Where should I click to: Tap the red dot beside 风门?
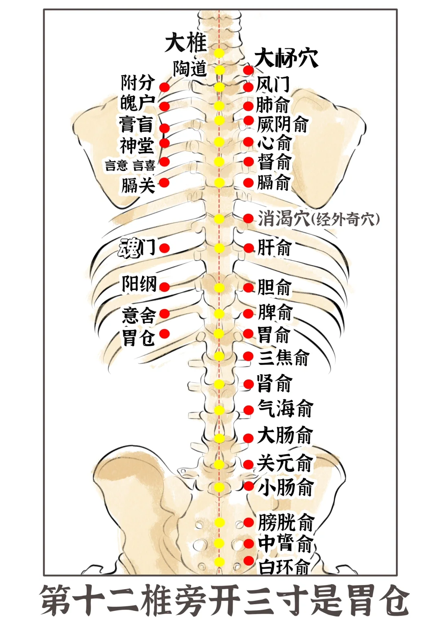pyautogui.click(x=248, y=87)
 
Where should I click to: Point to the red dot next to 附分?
pyautogui.click(x=164, y=87)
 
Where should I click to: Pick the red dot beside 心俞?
pyautogui.click(x=248, y=142)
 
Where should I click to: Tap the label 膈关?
pyautogui.click(x=138, y=185)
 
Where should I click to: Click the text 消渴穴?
pyautogui.click(x=284, y=219)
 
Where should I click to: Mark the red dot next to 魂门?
pyautogui.click(x=164, y=248)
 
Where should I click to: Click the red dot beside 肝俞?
pyautogui.click(x=248, y=248)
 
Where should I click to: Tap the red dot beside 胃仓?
pyautogui.click(x=164, y=334)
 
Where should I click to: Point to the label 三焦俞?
pyautogui.click(x=283, y=358)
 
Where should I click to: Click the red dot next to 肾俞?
pyautogui.click(x=248, y=384)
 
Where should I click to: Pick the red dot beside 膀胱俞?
pyautogui.click(x=248, y=522)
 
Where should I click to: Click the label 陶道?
pyautogui.click(x=190, y=68)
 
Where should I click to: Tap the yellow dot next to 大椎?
pyautogui.click(x=219, y=53)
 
